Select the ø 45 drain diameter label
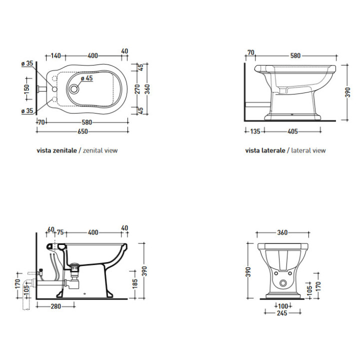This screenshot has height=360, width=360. click(86, 78)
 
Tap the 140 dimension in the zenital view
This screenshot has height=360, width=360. click(55, 55)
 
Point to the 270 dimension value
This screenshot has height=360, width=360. click(137, 89)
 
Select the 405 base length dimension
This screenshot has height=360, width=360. click(293, 132)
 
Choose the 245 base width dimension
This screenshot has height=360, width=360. click(283, 313)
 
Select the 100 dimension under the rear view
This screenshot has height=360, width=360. click(283, 305)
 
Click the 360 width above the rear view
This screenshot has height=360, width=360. click(283, 232)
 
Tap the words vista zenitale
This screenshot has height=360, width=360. click(55, 150)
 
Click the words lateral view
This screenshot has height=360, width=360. click(308, 150)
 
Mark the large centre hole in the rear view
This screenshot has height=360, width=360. click(283, 283)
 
